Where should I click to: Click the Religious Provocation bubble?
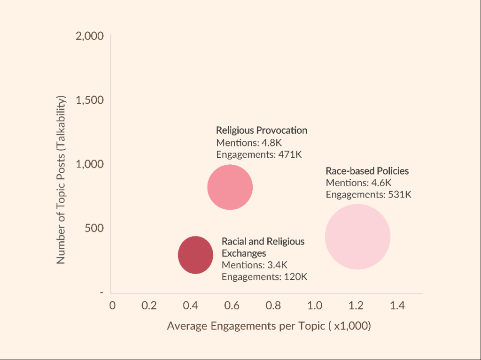(230, 187)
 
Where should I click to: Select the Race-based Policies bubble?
(357, 237)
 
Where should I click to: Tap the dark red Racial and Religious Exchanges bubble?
(196, 255)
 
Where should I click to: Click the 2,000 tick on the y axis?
(89, 36)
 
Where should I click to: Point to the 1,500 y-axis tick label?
(89, 100)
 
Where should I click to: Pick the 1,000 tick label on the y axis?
(89, 164)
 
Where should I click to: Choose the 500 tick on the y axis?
(94, 228)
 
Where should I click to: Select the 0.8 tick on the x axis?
(273, 306)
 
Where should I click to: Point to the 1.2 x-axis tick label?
(357, 306)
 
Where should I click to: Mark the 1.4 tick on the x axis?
(397, 306)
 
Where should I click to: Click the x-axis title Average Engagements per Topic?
(269, 326)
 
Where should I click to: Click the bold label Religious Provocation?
(262, 130)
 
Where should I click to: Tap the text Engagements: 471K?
(259, 154)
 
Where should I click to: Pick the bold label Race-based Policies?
(367, 171)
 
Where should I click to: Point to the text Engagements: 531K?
(368, 194)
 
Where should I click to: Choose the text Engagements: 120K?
(264, 277)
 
